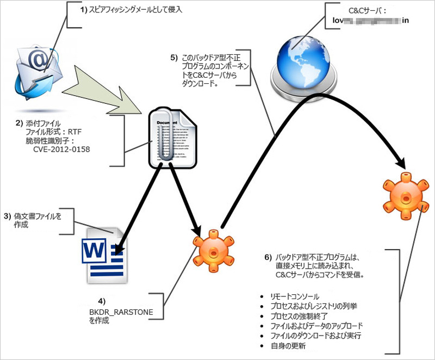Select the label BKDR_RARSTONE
[x=122, y=312]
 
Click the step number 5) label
[x=173, y=57]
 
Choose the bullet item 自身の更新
[x=288, y=345]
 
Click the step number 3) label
[x=7, y=216]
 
